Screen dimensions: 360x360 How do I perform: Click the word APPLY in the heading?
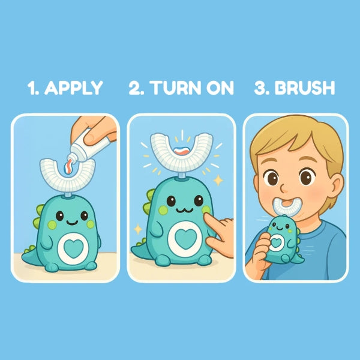point(73,88)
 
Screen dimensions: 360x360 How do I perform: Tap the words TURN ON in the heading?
point(193,88)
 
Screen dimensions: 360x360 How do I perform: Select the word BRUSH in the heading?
point(305,88)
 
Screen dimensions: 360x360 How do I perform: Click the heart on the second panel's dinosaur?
point(185,239)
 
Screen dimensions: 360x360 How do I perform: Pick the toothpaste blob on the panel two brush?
point(182,151)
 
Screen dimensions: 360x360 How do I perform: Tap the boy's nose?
point(285,188)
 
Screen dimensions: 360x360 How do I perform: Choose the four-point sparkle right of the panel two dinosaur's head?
point(218,181)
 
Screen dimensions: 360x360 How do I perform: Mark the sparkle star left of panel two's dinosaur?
point(138,229)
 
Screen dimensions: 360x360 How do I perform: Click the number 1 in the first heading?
point(31,88)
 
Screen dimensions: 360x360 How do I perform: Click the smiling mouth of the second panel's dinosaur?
point(185,210)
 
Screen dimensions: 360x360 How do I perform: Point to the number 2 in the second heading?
point(134,88)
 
